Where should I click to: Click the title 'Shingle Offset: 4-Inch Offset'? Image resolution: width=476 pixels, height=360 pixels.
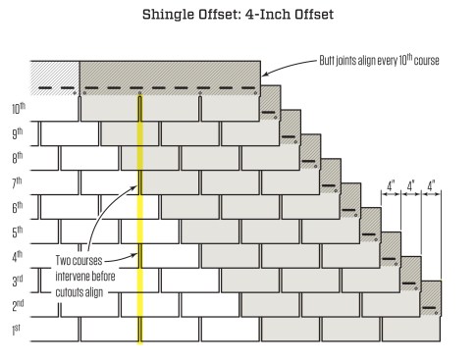(x=238, y=16)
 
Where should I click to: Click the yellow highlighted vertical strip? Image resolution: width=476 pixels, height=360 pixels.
(x=139, y=216)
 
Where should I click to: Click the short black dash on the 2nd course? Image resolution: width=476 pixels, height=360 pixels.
(x=430, y=309)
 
